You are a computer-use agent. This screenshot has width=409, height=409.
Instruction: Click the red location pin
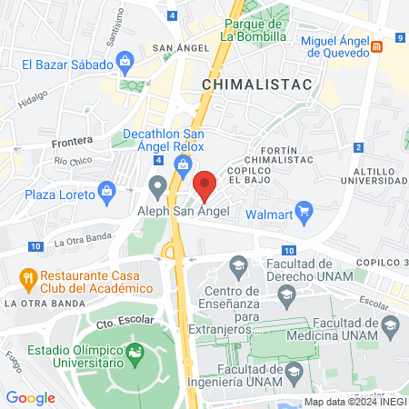pyautogui.click(x=204, y=185)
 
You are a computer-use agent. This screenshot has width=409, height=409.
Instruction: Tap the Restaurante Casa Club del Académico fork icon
pyautogui.click(x=28, y=276)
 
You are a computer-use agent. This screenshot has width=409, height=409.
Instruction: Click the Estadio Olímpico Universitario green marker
pyautogui.click(x=135, y=352)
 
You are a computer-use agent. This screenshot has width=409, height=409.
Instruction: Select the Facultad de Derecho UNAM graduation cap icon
pyautogui.click(x=239, y=268)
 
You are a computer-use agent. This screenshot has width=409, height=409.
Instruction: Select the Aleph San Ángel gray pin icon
pyautogui.click(x=158, y=188)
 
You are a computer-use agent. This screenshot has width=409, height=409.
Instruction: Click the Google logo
pyautogui.click(x=30, y=397)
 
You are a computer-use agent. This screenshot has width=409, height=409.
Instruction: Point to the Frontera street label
pyautogui.click(x=73, y=141)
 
